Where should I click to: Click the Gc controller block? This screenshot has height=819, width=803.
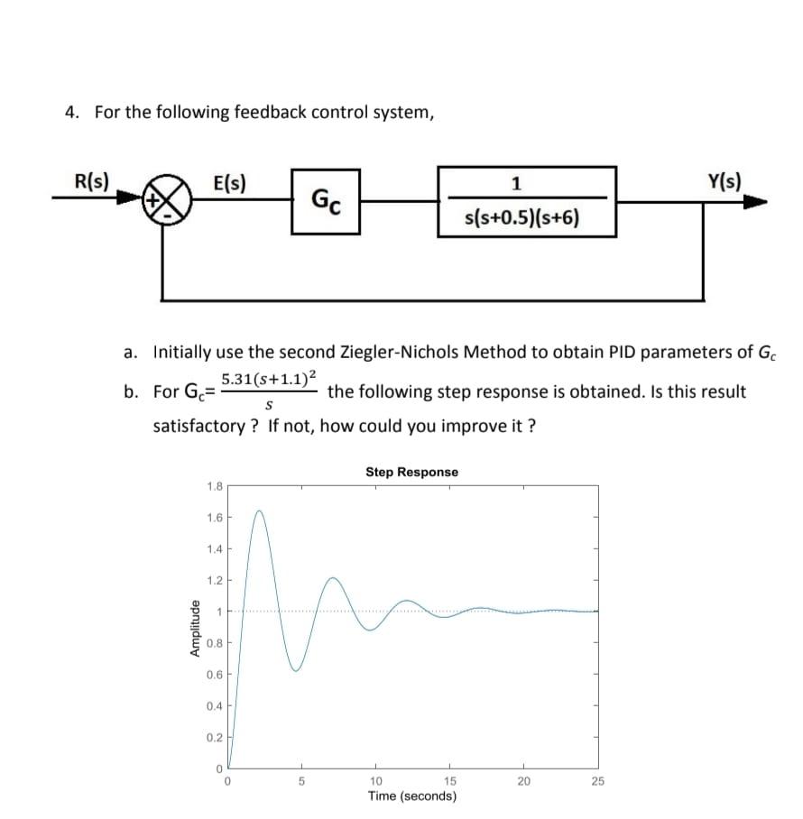[x=326, y=201]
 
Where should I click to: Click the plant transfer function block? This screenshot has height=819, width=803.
[x=527, y=201]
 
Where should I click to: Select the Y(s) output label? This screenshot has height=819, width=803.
[x=725, y=179]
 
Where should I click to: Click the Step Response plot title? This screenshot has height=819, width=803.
[x=411, y=472]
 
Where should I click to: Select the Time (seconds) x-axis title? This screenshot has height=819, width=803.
[x=411, y=797]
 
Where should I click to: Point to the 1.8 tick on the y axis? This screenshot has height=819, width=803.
[x=214, y=487]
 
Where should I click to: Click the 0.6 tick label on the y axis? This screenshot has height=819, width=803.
[x=214, y=675]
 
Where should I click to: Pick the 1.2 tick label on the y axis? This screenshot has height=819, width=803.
[x=214, y=580]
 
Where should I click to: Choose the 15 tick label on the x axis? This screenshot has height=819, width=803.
[x=449, y=781]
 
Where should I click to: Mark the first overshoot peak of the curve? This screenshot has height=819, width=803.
[x=260, y=511]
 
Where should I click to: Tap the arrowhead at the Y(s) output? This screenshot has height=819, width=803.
[x=756, y=202]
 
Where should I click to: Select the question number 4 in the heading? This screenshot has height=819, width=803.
[x=71, y=112]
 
